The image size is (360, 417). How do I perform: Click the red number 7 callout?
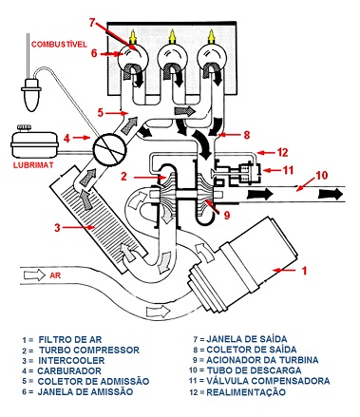(x=92, y=23)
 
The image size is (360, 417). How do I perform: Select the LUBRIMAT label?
(x=33, y=165)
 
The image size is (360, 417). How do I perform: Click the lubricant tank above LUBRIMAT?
(x=35, y=142)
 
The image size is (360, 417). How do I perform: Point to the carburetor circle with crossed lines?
(x=109, y=148)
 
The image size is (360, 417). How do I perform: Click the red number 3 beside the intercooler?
(x=57, y=227)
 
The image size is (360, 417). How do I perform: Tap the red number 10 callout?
(x=321, y=175)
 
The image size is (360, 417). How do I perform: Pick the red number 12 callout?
(x=282, y=152)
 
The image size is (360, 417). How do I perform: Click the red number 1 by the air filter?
(x=304, y=271)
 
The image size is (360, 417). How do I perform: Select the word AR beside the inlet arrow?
(x=55, y=275)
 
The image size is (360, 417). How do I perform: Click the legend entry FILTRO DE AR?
(x=70, y=340)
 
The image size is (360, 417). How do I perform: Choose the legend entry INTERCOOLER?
(x=71, y=361)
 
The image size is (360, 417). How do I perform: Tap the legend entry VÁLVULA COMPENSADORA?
(x=268, y=381)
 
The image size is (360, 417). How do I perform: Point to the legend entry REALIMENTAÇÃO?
(x=246, y=392)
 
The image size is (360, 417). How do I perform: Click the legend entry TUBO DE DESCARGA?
(x=254, y=370)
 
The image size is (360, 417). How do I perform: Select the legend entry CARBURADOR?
(x=69, y=370)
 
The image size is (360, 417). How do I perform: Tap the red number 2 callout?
(x=123, y=176)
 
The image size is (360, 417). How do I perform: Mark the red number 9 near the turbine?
(x=227, y=216)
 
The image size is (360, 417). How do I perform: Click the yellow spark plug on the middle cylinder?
(x=172, y=37)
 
